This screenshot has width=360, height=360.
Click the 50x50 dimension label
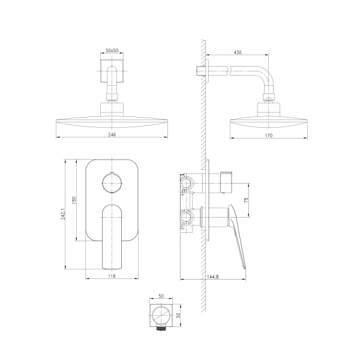[112, 50]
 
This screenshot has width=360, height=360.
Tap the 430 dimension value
[238, 52]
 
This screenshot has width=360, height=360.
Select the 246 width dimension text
[112, 134]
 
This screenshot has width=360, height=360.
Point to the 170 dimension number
[269, 136]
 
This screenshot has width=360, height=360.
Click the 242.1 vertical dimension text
[63, 214]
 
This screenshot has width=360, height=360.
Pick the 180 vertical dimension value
[74, 200]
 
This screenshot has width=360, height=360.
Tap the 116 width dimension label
[112, 276]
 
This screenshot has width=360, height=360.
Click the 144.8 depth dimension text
[213, 277]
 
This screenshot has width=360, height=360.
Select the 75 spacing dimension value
[247, 200]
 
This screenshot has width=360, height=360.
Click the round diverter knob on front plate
[112, 183]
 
